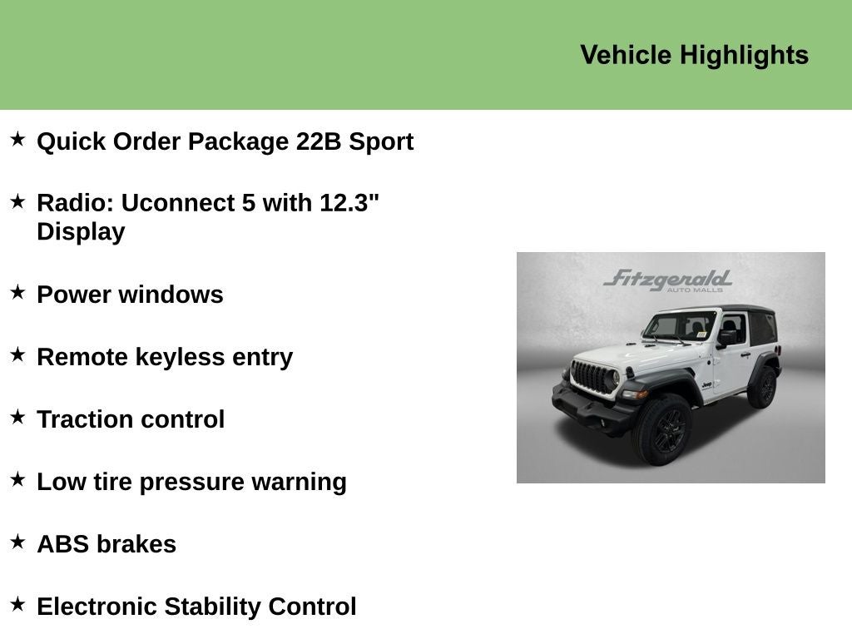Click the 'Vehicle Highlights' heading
pos(695,56)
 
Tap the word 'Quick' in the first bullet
pos(72,141)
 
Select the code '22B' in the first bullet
pos(319,141)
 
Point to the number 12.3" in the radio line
pos(349,203)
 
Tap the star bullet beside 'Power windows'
pos(18,292)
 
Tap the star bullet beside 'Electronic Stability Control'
pos(18,604)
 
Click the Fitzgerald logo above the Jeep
pos(668,280)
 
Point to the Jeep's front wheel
pos(663,429)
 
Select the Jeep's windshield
pos(680,327)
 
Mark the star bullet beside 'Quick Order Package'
pos(18,139)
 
